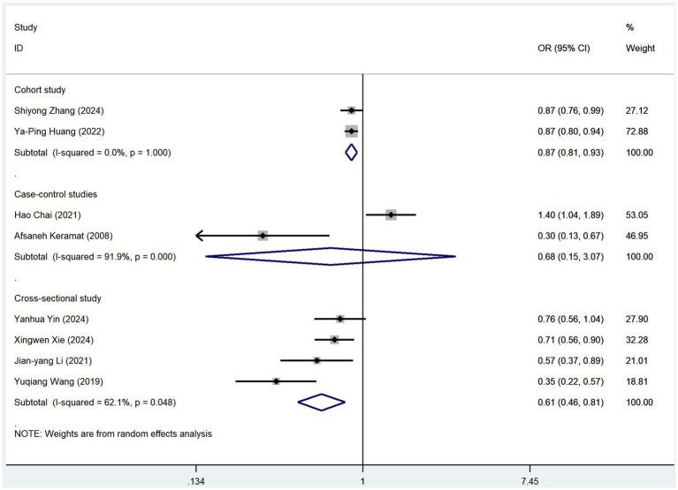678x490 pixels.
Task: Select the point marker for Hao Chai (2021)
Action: [x=391, y=215]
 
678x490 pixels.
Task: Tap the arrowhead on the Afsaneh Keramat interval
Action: [x=199, y=236]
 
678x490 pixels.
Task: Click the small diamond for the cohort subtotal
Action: [x=351, y=152]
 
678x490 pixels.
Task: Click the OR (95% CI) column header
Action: [x=563, y=49]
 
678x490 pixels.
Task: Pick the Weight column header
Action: [x=640, y=49]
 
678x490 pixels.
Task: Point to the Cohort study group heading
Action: [x=41, y=89]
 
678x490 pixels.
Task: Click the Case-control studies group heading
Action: [x=55, y=193]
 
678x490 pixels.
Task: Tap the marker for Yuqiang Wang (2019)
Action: [x=277, y=381]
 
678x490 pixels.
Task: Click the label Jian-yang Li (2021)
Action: [x=53, y=360]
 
